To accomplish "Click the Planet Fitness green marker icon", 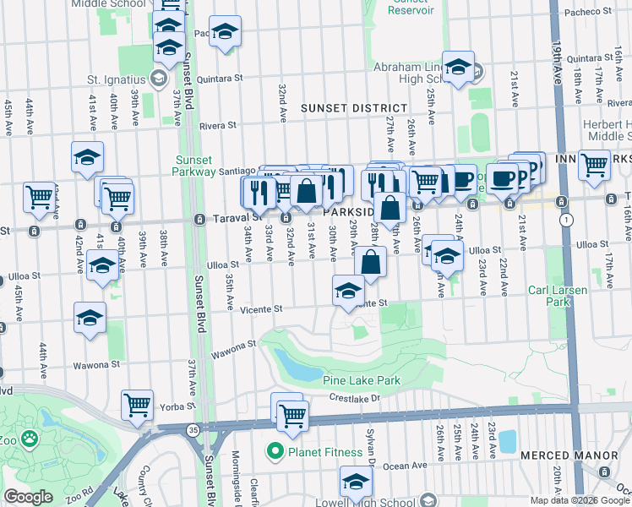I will (275, 452).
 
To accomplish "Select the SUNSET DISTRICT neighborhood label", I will (353, 108).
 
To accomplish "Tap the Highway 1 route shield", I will (565, 220).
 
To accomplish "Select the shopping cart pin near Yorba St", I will (137, 405).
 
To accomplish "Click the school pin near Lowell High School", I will (356, 483).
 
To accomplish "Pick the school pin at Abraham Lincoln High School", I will (458, 67).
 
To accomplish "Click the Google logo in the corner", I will (27, 497).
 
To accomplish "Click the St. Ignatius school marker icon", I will (157, 79).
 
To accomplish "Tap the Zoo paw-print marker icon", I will (30, 439).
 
